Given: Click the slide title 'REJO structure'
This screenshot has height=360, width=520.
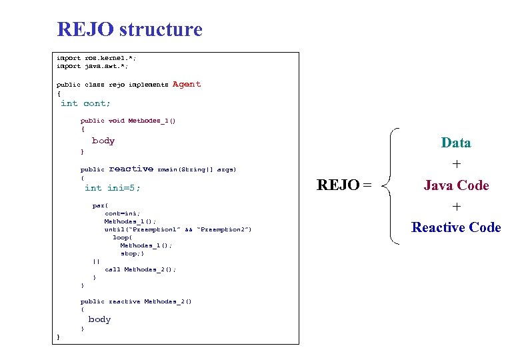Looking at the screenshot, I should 129,29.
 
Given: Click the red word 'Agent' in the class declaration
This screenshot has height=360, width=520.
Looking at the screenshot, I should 186,84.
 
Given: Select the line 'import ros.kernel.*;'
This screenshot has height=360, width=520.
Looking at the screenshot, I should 93,58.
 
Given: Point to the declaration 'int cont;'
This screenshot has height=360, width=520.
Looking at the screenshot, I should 85,103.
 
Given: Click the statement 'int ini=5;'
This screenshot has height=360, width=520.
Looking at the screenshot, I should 113,188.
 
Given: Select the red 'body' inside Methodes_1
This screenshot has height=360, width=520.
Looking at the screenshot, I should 103,141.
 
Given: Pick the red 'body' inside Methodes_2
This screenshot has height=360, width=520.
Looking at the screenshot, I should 99,319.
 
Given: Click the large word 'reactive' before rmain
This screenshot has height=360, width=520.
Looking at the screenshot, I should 131,169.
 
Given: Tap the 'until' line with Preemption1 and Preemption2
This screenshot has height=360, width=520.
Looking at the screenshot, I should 178,229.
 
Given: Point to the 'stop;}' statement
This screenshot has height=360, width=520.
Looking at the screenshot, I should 131,253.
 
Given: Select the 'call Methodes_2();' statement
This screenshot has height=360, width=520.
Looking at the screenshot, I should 140,269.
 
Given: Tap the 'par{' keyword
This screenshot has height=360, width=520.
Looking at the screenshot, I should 100,205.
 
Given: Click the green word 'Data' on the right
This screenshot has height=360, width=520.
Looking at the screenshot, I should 456,143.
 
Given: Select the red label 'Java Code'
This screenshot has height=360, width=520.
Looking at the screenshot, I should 456,185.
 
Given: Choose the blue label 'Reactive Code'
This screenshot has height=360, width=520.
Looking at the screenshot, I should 456,227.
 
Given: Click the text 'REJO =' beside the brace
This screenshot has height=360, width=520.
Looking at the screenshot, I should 344,185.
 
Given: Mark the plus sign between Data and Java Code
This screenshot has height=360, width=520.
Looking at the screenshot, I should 457,164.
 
